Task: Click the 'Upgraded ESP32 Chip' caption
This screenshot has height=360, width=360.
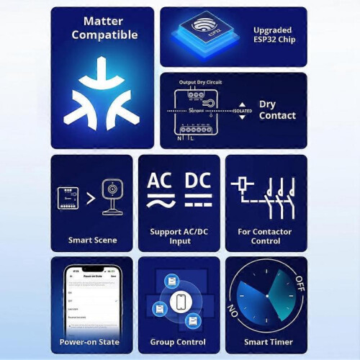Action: pos(274,34)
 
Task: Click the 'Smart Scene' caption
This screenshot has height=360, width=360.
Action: pos(91,240)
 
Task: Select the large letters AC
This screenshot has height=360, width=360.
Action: pos(160,180)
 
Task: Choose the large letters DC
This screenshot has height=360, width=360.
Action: pos(197,180)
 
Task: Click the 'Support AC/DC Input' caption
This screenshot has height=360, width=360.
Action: pos(179,235)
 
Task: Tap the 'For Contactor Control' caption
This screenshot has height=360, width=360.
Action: pos(266,235)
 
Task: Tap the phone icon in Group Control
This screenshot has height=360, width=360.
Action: pos(180,300)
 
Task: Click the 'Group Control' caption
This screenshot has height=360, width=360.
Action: pos(179,341)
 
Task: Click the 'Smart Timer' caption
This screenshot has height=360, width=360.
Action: pos(266,341)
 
